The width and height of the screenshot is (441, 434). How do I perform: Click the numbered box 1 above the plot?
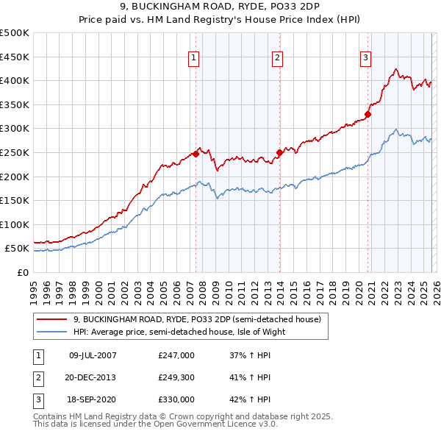194,59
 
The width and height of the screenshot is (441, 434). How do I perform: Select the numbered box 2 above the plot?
277,59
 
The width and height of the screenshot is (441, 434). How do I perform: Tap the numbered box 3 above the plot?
365,59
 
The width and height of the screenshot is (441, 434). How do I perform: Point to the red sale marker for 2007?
196,154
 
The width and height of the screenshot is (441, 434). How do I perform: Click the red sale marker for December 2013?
279,153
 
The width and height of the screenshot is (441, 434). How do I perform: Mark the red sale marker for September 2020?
367,114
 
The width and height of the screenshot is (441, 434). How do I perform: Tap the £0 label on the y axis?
21,272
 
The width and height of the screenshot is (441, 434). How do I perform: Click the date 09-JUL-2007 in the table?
92,355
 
